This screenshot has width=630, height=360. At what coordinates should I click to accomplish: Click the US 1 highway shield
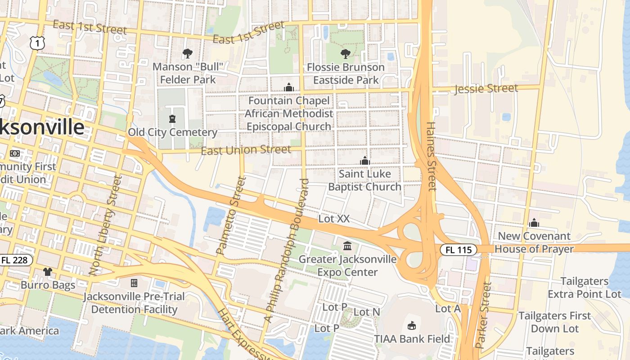(38, 43)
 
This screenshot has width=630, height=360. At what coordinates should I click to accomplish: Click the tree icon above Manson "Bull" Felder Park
(188, 54)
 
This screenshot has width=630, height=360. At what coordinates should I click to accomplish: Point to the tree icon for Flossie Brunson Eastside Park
(345, 54)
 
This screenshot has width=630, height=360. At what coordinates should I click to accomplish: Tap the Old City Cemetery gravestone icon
(172, 119)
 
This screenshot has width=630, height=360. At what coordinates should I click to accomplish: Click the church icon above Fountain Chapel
(288, 87)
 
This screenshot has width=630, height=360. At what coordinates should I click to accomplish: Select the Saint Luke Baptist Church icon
(364, 161)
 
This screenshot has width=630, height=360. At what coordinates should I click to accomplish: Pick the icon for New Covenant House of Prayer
(534, 223)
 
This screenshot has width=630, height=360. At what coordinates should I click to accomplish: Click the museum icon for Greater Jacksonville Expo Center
(347, 246)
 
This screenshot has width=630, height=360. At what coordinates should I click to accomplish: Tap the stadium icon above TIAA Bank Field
(411, 325)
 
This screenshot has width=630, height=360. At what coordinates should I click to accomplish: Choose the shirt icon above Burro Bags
(48, 271)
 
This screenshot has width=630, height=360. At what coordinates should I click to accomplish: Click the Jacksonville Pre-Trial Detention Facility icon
(134, 283)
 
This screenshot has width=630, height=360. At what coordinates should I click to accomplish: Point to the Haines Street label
(431, 156)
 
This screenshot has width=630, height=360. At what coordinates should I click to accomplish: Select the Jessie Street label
(486, 88)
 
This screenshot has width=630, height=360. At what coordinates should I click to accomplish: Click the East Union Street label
(246, 150)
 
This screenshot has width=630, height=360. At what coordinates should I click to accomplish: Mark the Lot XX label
(333, 219)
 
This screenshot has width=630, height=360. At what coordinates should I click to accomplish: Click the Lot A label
(448, 309)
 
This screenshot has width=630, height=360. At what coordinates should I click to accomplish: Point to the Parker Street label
(483, 315)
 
